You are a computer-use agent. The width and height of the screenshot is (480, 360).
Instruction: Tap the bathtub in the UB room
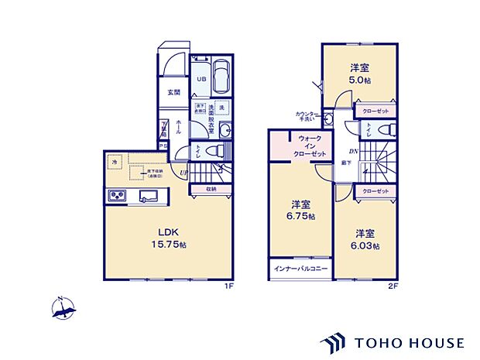221,78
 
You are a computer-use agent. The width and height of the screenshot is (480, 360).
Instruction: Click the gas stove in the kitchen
119,195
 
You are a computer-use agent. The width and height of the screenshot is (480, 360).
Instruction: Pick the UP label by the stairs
183,172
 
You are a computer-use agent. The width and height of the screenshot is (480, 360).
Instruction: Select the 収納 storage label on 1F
211,188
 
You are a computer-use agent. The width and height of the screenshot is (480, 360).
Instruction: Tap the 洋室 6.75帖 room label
302,211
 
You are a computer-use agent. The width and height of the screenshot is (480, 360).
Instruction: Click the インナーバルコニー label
300,268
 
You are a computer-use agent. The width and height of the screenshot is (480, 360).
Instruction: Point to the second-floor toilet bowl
391,129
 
